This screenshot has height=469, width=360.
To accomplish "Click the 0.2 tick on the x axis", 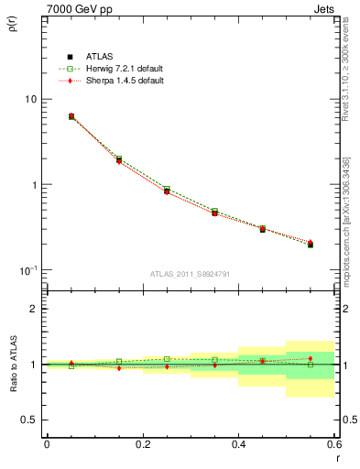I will (x=142, y=444).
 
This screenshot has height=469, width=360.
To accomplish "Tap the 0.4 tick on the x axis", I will (x=238, y=444).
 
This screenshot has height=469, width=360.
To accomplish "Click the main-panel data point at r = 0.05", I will (x=71, y=116).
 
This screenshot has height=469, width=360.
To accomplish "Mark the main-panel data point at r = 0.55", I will (x=311, y=245).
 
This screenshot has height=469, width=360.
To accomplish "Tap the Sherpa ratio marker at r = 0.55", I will (x=311, y=358).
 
